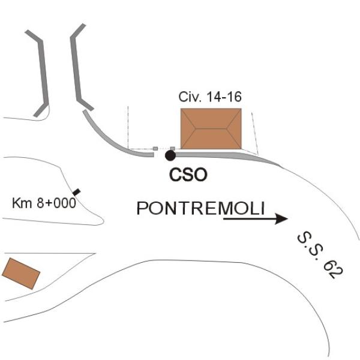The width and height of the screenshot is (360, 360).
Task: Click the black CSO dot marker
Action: pos(170,155)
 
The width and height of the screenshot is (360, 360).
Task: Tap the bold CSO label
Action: pos(188,175)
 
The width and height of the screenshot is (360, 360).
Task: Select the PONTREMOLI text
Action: pos(200,208)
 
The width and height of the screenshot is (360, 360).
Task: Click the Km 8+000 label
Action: pos(44,203)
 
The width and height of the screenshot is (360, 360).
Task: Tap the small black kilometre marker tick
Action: pos(77,192)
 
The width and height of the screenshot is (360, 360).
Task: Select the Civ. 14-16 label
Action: pos(210,97)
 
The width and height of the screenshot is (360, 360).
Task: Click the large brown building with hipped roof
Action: pos(211,129)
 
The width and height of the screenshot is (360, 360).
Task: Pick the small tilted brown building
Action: pos(21,274)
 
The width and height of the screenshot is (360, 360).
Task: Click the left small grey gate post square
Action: pos(155,149)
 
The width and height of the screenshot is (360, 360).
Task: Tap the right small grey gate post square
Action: pos(173,149)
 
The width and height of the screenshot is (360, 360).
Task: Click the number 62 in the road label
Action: pos(333,269)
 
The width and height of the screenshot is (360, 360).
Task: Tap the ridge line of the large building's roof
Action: pos(211,129)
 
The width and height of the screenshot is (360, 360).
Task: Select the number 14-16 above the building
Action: pos(224,97)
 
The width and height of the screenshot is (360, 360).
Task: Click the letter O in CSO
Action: pos(200,175)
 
